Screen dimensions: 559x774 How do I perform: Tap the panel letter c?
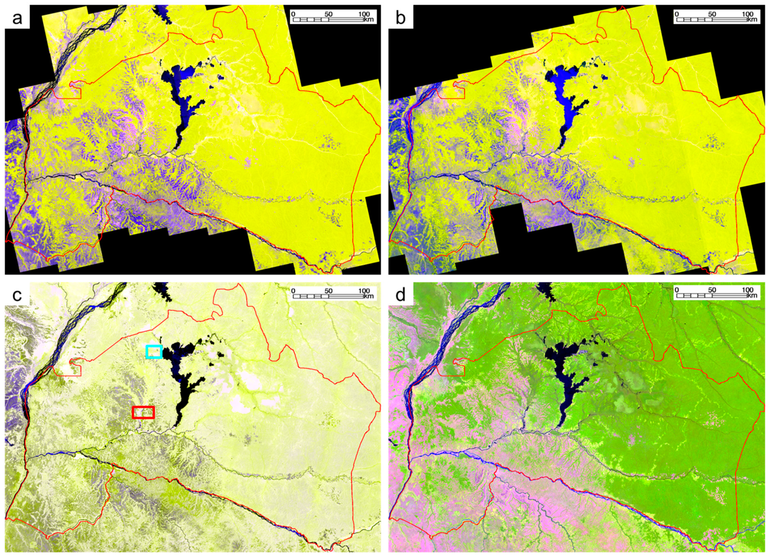click(17, 295)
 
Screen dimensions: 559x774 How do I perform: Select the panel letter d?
click(400, 295)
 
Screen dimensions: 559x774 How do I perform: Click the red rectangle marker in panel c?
click(143, 412)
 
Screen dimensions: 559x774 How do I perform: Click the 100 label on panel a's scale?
click(364, 14)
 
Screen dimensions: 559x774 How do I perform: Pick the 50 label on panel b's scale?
click(712, 14)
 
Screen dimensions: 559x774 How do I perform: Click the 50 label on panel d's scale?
click(712, 290)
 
